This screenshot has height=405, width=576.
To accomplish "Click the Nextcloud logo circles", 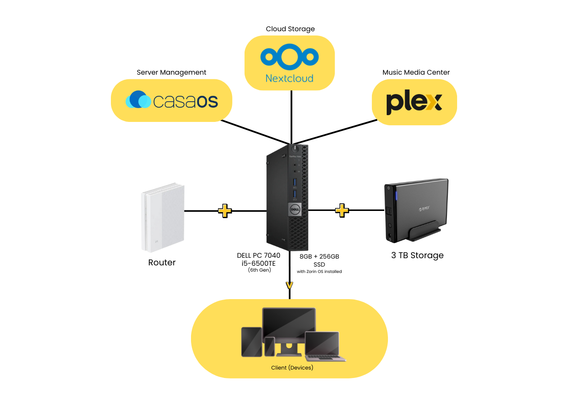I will [x=289, y=57].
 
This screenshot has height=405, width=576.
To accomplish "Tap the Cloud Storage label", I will [x=290, y=29].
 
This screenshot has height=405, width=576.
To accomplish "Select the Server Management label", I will [x=171, y=72].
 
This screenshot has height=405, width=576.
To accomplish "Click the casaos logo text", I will [x=185, y=101].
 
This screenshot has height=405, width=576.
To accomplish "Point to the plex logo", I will [x=414, y=102].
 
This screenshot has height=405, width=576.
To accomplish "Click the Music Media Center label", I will [x=416, y=72].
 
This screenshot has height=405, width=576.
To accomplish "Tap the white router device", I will [x=163, y=217].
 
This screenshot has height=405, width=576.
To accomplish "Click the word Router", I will [x=161, y=262].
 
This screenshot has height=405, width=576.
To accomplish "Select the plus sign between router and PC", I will [x=225, y=211].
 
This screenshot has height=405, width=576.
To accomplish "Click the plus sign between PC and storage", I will [x=342, y=210].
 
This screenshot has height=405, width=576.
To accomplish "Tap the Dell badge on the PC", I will [x=295, y=209].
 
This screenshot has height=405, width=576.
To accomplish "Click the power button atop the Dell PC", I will [x=295, y=148].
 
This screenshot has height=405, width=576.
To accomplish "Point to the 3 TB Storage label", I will [x=417, y=255].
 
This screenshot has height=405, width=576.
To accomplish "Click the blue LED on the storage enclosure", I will [x=396, y=196].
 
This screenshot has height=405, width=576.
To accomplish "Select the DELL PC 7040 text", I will [x=258, y=255].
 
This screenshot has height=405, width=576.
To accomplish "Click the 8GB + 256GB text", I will [x=319, y=256].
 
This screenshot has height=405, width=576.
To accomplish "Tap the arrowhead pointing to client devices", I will [x=289, y=286].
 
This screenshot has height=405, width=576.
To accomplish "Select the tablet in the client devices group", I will [x=251, y=342].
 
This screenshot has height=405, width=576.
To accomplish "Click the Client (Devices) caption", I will [x=292, y=367].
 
